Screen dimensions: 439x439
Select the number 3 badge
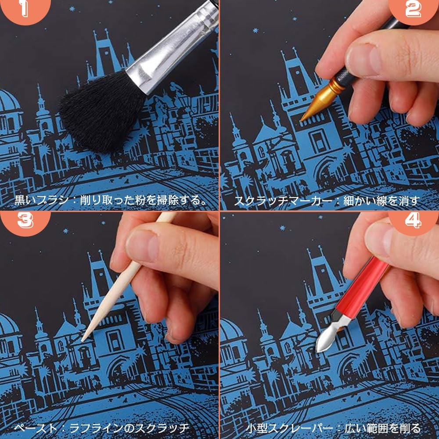pos(25,221)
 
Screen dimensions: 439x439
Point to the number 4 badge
pos(413,221)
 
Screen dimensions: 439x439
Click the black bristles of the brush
pos(101,112)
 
